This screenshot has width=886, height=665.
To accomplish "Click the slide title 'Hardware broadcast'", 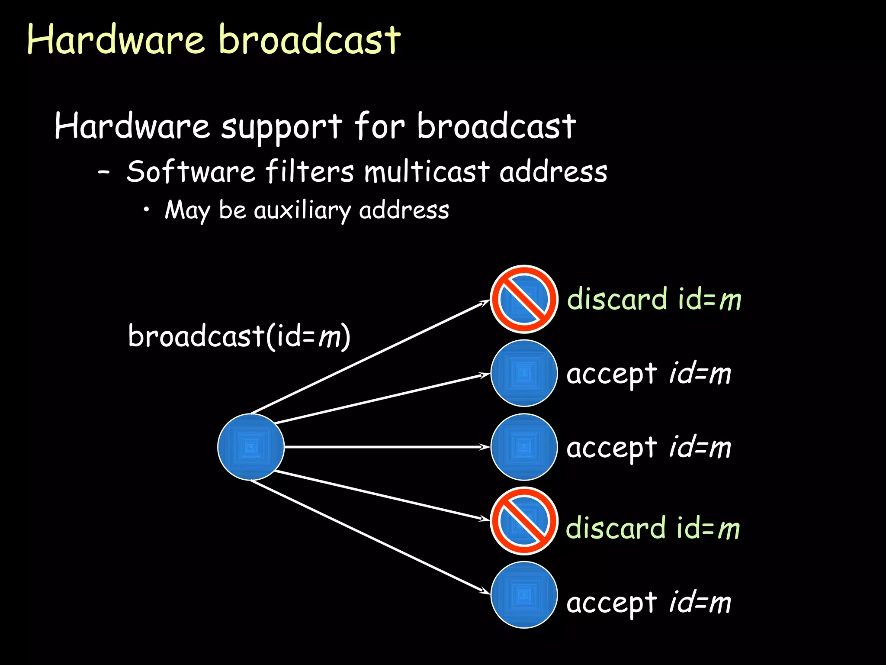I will pos(214,40).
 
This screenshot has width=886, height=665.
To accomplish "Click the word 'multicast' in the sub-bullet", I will pos(427,171).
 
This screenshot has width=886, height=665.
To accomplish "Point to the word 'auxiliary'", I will pos(302,210).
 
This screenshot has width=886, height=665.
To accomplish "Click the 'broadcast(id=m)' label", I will pos(239,336).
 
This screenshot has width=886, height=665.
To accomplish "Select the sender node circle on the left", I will pos(251,447).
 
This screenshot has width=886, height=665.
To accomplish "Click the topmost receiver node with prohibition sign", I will pos(524,299).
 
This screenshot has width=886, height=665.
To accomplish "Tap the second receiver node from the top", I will pos(524,373).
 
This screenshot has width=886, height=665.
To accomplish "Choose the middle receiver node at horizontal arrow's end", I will pos(524,447).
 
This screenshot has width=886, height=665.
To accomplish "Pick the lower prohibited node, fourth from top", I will pos(524,521).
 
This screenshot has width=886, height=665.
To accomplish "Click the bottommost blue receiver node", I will pos(524,594).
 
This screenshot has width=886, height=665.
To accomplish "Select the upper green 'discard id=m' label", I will pos(654,299).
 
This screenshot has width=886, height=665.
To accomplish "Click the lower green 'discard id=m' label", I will pos(653,529).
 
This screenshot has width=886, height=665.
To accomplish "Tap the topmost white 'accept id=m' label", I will pos(648,374).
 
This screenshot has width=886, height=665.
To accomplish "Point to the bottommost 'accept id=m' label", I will pos(648,603).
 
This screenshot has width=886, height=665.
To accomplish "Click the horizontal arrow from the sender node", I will pos(385,447).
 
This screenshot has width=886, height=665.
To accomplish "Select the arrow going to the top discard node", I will pos(368,357).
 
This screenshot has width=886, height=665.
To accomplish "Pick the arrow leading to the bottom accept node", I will pos(368,536).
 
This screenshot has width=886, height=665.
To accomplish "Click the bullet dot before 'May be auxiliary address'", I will pos(147,210).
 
